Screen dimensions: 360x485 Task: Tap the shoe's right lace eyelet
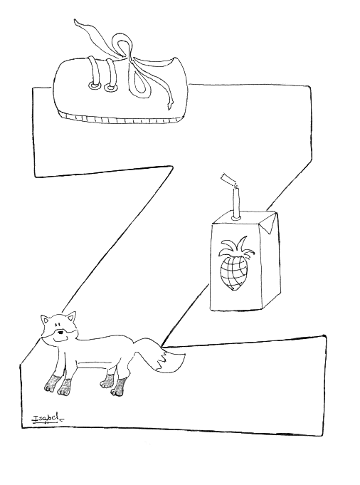110,88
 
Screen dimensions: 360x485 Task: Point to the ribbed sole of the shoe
120,118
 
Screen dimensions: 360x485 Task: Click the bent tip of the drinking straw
228,179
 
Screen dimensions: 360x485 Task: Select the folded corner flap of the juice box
270,222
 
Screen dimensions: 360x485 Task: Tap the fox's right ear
72,318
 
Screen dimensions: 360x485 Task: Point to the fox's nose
61,333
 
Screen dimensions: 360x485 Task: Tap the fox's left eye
57,325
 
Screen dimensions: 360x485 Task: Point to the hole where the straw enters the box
237,218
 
